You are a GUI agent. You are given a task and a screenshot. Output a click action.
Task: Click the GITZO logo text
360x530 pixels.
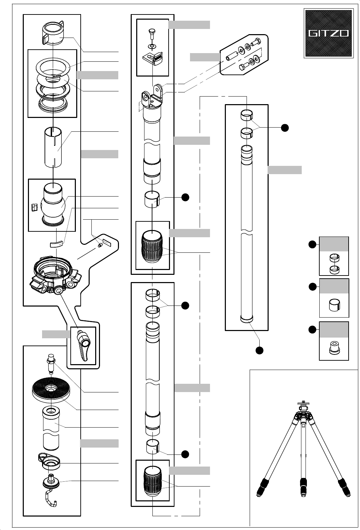(x=328, y=33)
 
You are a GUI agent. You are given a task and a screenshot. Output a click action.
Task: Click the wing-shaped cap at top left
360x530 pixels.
(x=53, y=33)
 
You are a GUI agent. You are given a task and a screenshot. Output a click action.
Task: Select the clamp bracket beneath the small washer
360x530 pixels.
(x=153, y=58)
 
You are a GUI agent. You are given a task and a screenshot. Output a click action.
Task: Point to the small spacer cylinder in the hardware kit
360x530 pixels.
(x=232, y=55)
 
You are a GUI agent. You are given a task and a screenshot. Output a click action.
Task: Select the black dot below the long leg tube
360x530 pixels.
(x=259, y=350)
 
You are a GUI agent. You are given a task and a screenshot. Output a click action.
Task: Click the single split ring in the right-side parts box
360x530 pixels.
(x=334, y=305)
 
